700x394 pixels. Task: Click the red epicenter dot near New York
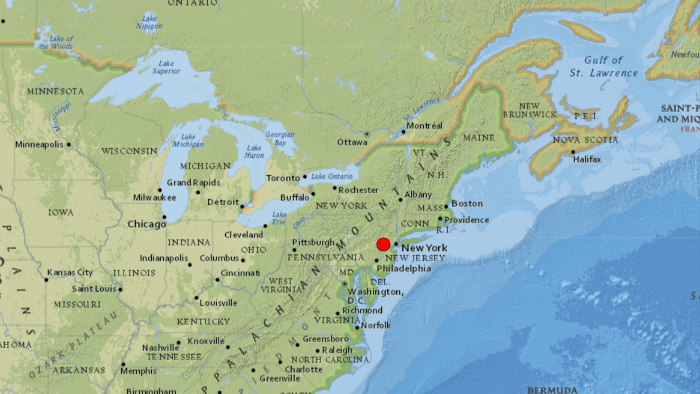point(383,244)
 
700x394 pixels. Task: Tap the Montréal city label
point(424,126)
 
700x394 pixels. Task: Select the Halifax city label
point(587,159)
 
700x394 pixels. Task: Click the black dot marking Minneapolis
point(69,144)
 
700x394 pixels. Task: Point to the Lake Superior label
point(166,67)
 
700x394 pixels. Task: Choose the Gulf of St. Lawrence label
point(604,66)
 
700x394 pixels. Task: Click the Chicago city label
point(147,224)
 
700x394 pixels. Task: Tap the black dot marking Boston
point(446,207)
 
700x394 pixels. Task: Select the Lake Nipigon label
point(149,22)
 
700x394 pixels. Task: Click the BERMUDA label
point(552,390)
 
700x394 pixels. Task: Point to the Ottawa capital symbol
point(367,135)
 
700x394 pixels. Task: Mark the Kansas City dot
point(46,280)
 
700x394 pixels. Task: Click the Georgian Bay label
point(280,139)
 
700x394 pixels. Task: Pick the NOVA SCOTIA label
point(585,140)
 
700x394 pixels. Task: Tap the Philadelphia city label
point(404,269)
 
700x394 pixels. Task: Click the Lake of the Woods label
point(57,42)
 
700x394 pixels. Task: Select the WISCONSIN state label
point(129,151)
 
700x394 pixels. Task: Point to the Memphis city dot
point(123,364)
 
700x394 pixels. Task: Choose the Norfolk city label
point(376,325)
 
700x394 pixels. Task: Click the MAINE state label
point(479,138)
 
